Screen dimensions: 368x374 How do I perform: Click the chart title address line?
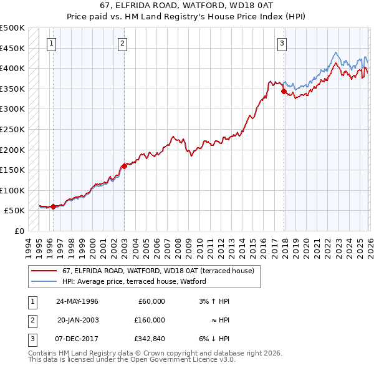pos(186,6)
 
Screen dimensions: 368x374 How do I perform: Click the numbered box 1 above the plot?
pos(50,43)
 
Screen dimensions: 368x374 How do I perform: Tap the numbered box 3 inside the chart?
pos(282,43)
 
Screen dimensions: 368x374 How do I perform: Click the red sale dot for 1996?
pos(53,206)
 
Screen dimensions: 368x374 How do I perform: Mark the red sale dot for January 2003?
pos(124,166)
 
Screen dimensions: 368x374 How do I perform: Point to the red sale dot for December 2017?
pos(284,92)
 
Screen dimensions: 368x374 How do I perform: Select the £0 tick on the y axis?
pos(20,231)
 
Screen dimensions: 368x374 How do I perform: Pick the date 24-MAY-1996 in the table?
pos(77,301)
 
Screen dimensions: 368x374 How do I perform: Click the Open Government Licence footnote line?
pos(132,360)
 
